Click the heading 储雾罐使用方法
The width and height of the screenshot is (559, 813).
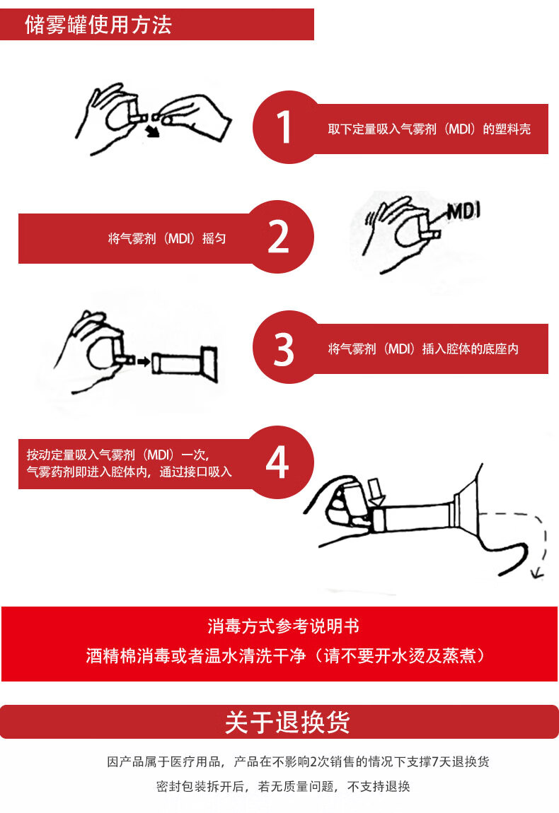pyautogui.click(x=98, y=25)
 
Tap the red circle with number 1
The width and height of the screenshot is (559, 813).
pyautogui.click(x=283, y=127)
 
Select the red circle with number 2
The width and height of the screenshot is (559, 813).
pyautogui.click(x=278, y=237)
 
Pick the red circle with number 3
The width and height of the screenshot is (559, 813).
pyautogui.click(x=283, y=348)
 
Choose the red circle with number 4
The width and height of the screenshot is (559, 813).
pyautogui.click(x=277, y=463)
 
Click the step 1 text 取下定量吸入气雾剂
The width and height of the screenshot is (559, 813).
pyautogui.click(x=429, y=129)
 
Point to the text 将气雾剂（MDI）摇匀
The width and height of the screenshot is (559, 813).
pyautogui.click(x=166, y=239)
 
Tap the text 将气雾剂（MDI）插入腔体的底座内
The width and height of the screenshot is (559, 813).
pyautogui.click(x=423, y=349)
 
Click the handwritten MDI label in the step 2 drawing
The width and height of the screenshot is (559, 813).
pyautogui.click(x=463, y=211)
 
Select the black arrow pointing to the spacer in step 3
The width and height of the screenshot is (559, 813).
pyautogui.click(x=143, y=362)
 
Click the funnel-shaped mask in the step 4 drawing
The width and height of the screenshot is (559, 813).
pyautogui.click(x=466, y=507)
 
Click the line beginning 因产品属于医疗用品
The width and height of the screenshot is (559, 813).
pyautogui.click(x=298, y=762)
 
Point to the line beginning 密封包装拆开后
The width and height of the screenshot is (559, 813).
pyautogui.click(x=283, y=786)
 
